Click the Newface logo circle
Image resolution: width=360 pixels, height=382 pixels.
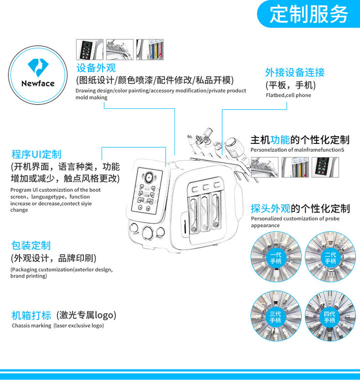(x=38, y=75)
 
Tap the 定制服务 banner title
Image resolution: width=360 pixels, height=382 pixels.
(x=308, y=14)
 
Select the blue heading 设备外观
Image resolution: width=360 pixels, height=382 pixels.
(x=96, y=68)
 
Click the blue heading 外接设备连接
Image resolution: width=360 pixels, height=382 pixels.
(x=295, y=72)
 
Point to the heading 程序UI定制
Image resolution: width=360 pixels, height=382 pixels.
(x=36, y=154)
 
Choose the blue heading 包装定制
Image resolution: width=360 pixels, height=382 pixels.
(x=31, y=245)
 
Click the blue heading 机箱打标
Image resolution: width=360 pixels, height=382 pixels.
(x=31, y=315)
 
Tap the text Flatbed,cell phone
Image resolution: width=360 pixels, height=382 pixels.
(x=288, y=95)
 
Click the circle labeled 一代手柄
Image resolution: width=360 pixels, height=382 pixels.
(x=276, y=257)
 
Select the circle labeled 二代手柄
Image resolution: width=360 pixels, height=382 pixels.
(x=330, y=257)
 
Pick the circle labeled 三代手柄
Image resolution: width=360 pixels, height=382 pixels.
(x=276, y=316)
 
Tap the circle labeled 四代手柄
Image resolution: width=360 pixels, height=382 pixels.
(x=330, y=316)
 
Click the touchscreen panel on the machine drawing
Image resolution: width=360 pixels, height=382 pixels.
(x=147, y=191)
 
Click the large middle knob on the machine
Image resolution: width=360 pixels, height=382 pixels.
(x=148, y=232)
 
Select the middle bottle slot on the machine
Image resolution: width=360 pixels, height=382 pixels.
(x=205, y=212)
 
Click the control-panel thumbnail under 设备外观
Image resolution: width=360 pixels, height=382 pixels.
(x=89, y=49)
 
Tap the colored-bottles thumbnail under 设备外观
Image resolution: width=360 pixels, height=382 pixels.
(x=150, y=49)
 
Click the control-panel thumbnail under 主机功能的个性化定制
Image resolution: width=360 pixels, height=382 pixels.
(x=325, y=167)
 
